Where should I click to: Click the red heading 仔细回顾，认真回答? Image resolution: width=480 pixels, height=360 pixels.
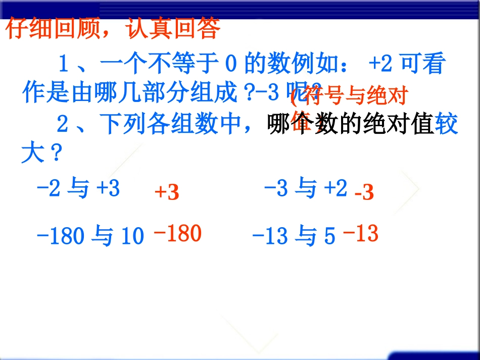[x=113, y=29]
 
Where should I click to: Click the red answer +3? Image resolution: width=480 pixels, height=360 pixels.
[x=167, y=192]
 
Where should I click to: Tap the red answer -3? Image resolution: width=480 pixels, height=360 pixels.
[x=364, y=192]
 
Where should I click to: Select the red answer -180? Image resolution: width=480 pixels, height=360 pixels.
[x=177, y=233]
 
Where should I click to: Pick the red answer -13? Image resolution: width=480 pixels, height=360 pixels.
[x=360, y=233]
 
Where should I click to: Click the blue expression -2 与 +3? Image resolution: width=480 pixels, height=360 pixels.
[x=78, y=189]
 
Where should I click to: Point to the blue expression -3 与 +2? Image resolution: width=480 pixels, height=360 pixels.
[x=306, y=189]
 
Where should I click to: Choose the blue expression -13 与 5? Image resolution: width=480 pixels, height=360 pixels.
[x=293, y=236]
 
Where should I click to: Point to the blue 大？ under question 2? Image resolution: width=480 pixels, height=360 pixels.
[x=41, y=153]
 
